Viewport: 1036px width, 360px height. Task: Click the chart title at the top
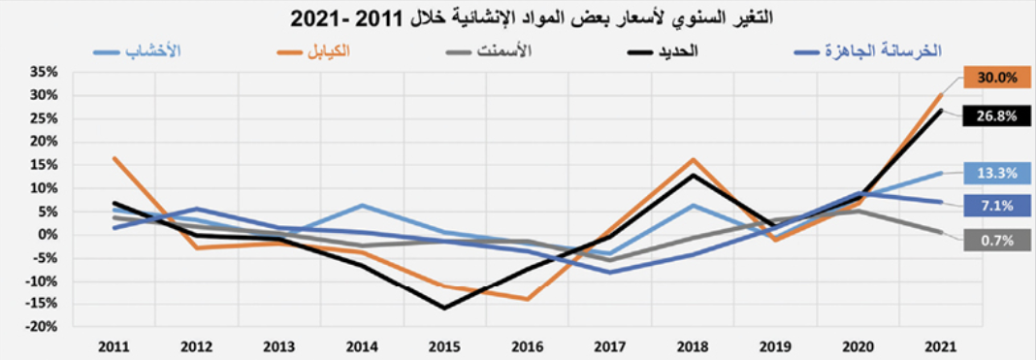click(518, 17)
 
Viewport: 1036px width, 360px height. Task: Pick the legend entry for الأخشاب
click(140, 49)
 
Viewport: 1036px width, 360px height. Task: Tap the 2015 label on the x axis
click(445, 346)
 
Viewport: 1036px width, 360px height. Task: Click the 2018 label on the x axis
click(692, 346)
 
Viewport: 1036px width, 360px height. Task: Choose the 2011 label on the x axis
click(114, 346)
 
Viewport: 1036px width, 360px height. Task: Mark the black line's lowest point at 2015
click(445, 309)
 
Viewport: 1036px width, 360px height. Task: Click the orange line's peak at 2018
click(694, 159)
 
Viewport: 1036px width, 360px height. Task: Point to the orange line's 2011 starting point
click(114, 157)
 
